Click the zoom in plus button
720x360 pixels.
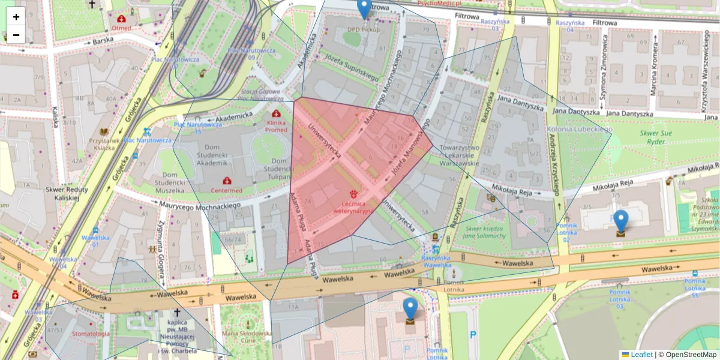click(16, 17)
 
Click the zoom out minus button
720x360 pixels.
click(16, 35)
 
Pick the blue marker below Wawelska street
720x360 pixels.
click(410, 308)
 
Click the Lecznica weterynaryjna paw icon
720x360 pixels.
click(353, 194)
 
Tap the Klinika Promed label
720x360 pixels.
click(276, 125)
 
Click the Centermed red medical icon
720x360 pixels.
click(227, 181)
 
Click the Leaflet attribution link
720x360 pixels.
click(641, 355)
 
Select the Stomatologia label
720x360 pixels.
click(91, 334)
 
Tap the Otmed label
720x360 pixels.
click(121, 28)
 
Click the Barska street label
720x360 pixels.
click(103, 41)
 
